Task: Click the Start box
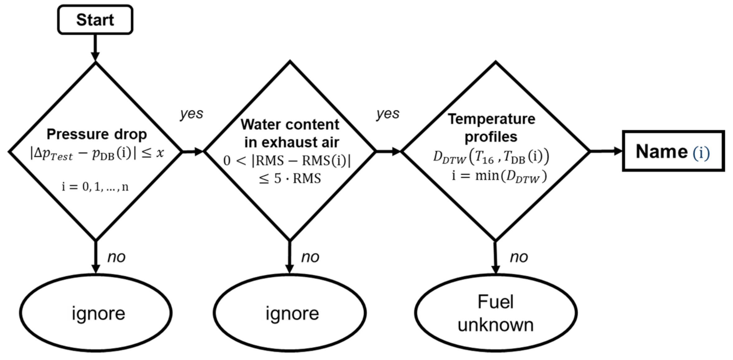[x=95, y=20]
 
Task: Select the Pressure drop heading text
[x=97, y=134]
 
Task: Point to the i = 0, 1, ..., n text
[x=95, y=187]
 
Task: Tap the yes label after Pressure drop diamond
[x=191, y=114]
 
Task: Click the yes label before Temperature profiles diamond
[x=387, y=114]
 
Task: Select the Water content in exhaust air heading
[x=290, y=133]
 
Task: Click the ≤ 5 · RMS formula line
[x=290, y=179]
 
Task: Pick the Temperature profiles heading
[x=491, y=128]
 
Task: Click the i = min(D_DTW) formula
[x=499, y=176]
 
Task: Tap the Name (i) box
[x=673, y=151]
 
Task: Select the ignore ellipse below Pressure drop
[x=96, y=313]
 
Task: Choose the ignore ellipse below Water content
[x=290, y=313]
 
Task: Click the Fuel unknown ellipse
[x=495, y=313]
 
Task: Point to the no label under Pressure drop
[x=116, y=257]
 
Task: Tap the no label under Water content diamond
[x=310, y=257]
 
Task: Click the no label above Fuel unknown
[x=519, y=257]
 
